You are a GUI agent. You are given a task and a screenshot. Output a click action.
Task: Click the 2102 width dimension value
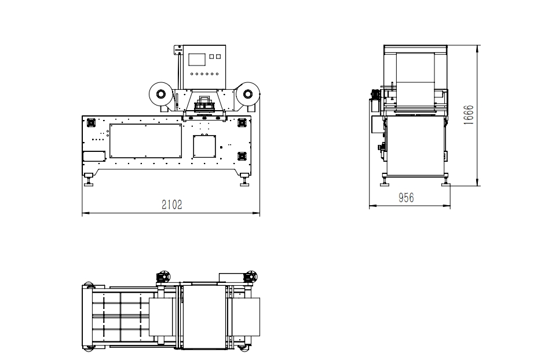[172, 204]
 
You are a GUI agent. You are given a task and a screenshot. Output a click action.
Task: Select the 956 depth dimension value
[406, 198]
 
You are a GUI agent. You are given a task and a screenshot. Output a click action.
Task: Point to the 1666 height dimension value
[468, 115]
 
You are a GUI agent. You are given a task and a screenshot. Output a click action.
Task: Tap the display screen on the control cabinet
[196, 59]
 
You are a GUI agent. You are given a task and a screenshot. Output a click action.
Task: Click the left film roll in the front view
[160, 94]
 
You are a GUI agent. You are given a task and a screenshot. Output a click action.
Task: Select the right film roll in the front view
[248, 94]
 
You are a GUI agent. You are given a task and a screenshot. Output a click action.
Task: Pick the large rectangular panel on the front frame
[145, 141]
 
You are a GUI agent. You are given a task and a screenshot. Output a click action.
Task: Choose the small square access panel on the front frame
[204, 147]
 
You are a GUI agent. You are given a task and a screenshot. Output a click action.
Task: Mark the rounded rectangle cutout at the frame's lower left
[94, 157]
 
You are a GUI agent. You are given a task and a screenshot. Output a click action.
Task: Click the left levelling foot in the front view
[88, 179]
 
